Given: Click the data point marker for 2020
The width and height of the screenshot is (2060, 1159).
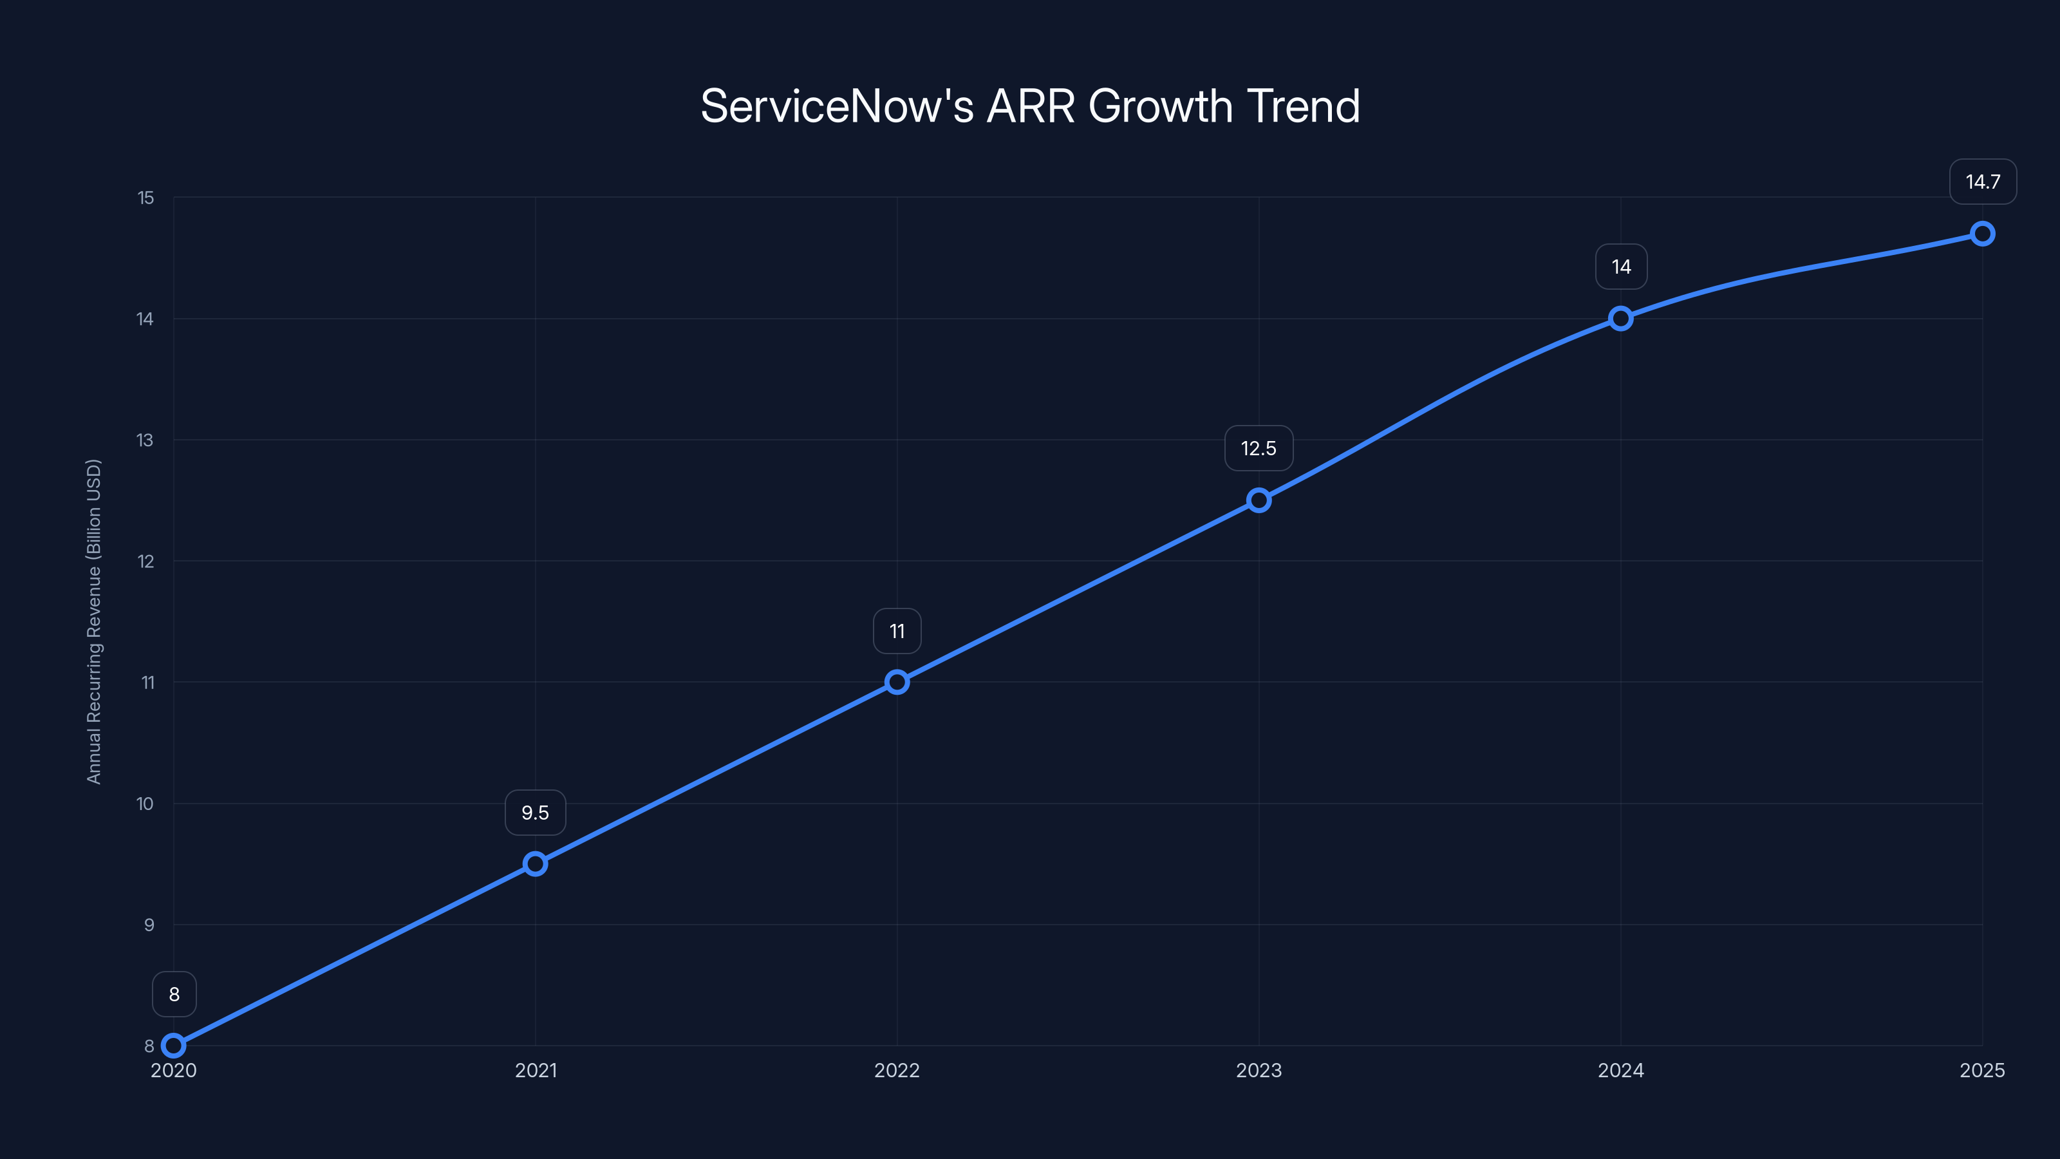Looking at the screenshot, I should pos(174,1046).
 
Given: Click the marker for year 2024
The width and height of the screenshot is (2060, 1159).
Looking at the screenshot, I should pos(1621,318).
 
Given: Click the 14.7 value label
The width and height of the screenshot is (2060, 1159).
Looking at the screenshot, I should pos(1983,182).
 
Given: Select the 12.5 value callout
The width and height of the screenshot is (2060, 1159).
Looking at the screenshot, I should pos(1259,448).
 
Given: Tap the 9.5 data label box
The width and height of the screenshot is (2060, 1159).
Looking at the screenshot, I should pos(535,813).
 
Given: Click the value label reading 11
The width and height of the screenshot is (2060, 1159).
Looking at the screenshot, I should pos(897,631).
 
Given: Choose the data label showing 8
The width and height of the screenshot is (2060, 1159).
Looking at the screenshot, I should pos(174,994).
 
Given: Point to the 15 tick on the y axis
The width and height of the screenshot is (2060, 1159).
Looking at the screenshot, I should pos(145,198).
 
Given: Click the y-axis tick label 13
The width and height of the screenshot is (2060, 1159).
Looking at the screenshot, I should pos(145,440).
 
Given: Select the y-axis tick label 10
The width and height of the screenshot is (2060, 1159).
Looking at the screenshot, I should pos(145,804).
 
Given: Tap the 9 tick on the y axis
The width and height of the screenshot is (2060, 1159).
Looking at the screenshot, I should pos(149,925).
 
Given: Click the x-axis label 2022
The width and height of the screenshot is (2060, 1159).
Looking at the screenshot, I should pos(897,1070).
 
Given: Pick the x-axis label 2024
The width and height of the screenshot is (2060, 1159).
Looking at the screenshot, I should pos(1621,1070).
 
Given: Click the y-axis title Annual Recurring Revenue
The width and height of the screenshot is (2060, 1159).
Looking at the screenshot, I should pos(93,621).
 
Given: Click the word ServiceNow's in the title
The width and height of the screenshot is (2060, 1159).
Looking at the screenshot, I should pos(836,106).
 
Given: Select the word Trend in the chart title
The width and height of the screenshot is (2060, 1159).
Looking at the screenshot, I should pos(1303,106).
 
